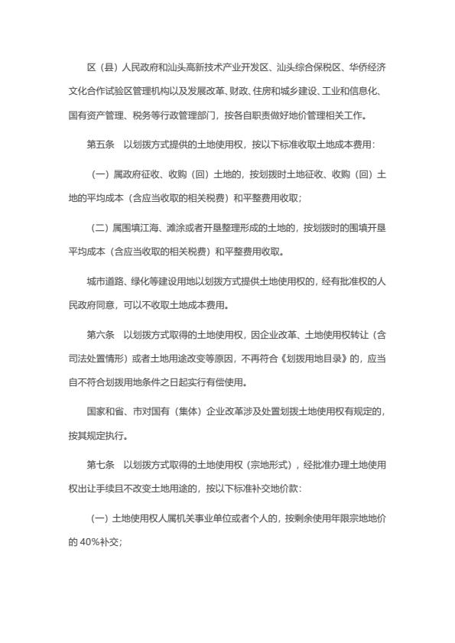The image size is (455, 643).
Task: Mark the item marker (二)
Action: (x=99, y=228)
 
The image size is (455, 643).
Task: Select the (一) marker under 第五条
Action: (x=99, y=174)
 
